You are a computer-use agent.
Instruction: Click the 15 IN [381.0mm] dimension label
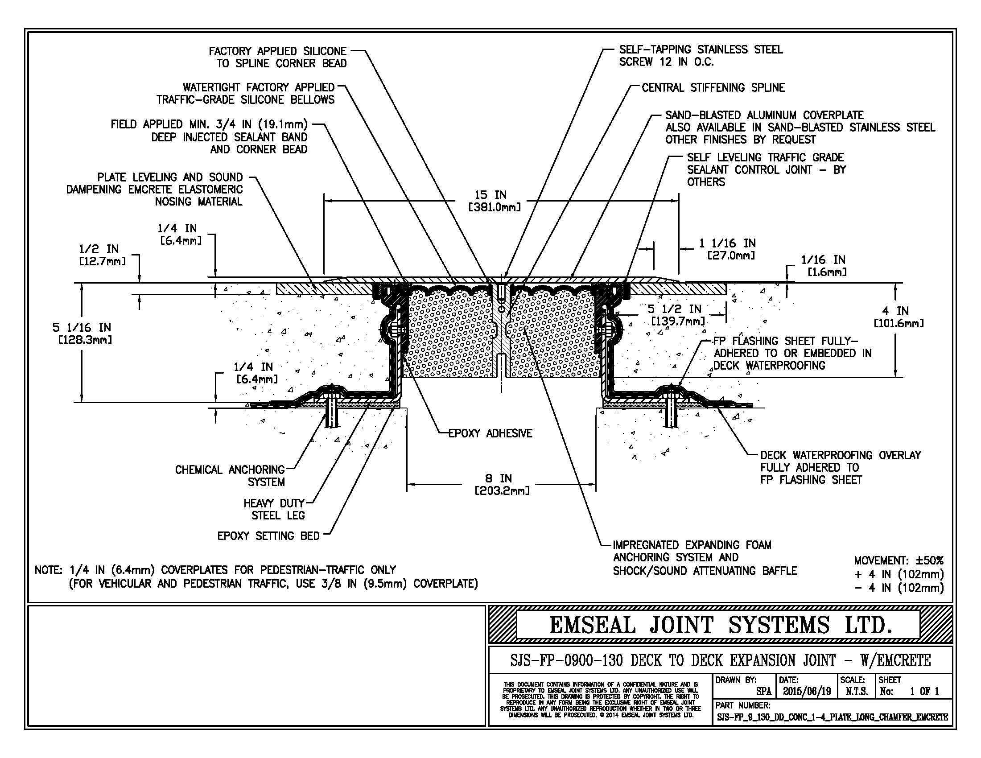pyautogui.click(x=495, y=201)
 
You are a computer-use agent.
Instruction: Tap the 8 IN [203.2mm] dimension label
pyautogui.click(x=502, y=484)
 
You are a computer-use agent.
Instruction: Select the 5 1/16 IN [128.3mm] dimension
pyautogui.click(x=82, y=333)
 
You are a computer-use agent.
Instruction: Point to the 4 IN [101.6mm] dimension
pyautogui.click(x=899, y=317)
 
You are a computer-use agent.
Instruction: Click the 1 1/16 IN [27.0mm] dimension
pyautogui.click(x=727, y=249)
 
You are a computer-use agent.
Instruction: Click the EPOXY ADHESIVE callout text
pyautogui.click(x=490, y=433)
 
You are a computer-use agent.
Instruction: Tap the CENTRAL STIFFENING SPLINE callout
pyautogui.click(x=713, y=87)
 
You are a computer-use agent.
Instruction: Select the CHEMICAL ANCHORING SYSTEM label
pyautogui.click(x=230, y=476)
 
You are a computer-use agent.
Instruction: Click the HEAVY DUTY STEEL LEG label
pyautogui.click(x=274, y=509)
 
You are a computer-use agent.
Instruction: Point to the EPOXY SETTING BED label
pyautogui.click(x=268, y=536)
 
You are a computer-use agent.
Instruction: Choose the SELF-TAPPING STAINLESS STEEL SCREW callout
pyautogui.click(x=701, y=56)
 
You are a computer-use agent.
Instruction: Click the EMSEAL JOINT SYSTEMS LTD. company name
pyautogui.click(x=721, y=625)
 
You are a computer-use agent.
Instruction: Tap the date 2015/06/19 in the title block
pyautogui.click(x=807, y=692)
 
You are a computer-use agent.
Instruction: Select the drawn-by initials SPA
pyautogui.click(x=763, y=692)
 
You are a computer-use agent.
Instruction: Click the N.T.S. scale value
pyautogui.click(x=857, y=692)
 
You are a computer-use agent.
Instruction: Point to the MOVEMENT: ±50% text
pyautogui.click(x=899, y=560)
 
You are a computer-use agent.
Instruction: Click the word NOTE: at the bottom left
pyautogui.click(x=49, y=570)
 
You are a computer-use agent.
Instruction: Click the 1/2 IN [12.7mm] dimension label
pyautogui.click(x=103, y=255)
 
